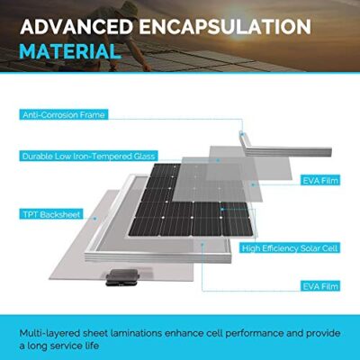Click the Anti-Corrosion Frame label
(x=64, y=115)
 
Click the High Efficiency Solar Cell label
(x=290, y=248)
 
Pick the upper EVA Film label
(x=320, y=181)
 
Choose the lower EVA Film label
(x=320, y=286)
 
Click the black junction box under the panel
(x=122, y=276)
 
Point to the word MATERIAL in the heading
(x=69, y=51)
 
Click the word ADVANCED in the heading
(x=76, y=27)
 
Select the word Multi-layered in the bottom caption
(x=49, y=333)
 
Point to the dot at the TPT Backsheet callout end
(x=95, y=219)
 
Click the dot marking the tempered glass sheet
(x=218, y=160)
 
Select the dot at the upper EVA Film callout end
(x=253, y=184)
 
